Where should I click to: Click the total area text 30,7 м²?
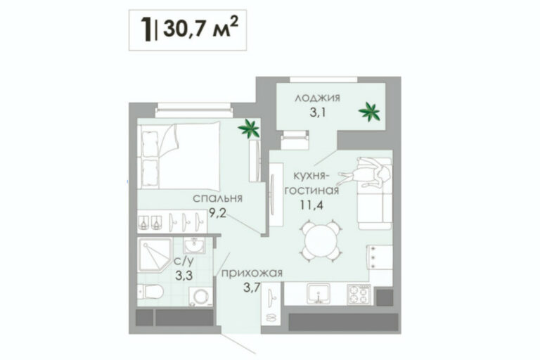pos(200,29)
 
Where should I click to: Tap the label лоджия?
pos(317,98)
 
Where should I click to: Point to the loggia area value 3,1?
pos(318,112)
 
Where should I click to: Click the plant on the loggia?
pos(369,112)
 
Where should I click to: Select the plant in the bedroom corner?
pos(249,129)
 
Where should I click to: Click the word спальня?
pos(218,198)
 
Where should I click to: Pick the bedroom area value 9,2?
pos(218,214)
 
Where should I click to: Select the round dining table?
pos(321,241)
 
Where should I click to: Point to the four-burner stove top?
pos(359,295)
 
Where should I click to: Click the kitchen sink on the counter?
pos(319,294)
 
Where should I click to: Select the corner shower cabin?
pos(154,255)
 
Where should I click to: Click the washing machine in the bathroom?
pos(201,297)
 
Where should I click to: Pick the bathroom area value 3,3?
pos(184,275)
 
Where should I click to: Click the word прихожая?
pos(252,274)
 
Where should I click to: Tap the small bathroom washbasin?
pos(194,245)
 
